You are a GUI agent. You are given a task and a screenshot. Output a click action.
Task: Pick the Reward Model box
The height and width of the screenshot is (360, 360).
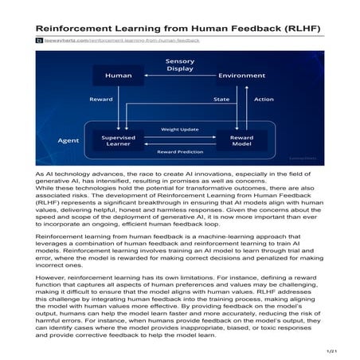[241, 140]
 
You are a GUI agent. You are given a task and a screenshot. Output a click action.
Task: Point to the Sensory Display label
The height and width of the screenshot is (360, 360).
[179, 65]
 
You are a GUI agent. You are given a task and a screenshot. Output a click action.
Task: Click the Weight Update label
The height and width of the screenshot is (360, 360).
[179, 127]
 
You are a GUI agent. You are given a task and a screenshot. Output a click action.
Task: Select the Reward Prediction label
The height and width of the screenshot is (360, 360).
[179, 151]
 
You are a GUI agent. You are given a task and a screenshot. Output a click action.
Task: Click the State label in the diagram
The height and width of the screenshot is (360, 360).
[221, 100]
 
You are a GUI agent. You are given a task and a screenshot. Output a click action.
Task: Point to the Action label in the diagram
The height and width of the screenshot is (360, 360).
[264, 100]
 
